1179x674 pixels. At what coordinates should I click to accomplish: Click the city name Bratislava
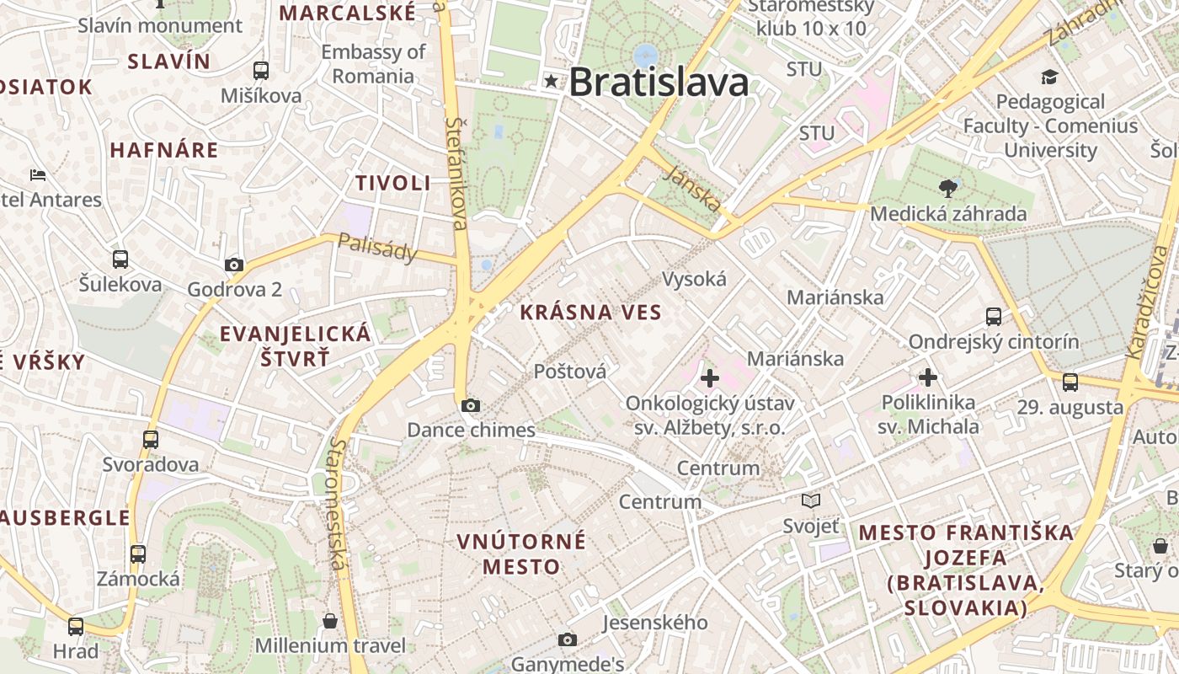click(659, 83)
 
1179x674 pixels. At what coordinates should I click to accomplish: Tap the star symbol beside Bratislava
click(552, 82)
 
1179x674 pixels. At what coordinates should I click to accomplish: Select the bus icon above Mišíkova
click(261, 71)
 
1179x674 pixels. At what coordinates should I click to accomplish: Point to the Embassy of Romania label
click(373, 64)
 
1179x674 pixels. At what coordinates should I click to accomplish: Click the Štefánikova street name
click(456, 173)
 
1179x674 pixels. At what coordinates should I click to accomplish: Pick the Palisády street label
click(377, 248)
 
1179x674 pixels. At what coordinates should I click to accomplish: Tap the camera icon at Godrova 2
click(234, 265)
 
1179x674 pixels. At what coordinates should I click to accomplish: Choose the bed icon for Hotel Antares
click(38, 175)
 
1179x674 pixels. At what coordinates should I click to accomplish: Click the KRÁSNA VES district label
click(590, 313)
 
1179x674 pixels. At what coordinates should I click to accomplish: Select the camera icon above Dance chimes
click(471, 406)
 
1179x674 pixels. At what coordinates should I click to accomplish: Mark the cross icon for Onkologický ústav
click(710, 378)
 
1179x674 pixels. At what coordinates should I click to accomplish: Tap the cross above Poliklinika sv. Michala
click(928, 377)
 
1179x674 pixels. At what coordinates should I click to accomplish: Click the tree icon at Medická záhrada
click(947, 188)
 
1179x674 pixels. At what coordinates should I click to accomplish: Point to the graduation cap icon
click(1048, 78)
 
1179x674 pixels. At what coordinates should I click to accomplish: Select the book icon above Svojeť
click(811, 501)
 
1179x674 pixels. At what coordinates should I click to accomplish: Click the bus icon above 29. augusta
click(1070, 382)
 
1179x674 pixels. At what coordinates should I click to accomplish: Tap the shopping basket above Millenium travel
click(330, 621)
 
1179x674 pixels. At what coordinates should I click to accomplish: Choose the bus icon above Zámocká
click(138, 554)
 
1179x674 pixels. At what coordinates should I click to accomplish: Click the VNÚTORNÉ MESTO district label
click(521, 554)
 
